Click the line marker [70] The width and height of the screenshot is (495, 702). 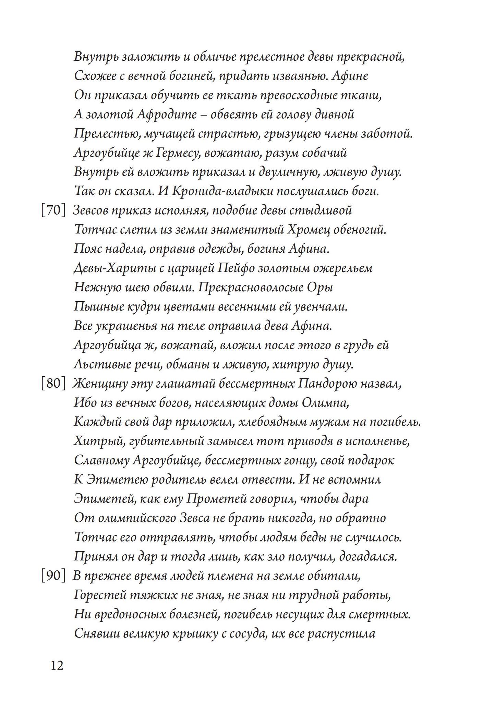pyautogui.click(x=53, y=210)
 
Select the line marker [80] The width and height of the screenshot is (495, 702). pyautogui.click(x=53, y=384)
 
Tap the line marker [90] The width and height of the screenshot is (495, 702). pyautogui.click(x=53, y=576)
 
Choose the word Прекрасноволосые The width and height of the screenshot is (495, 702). pyautogui.click(x=251, y=287)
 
